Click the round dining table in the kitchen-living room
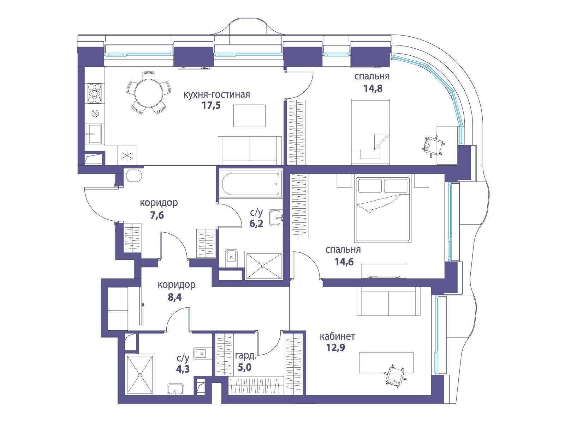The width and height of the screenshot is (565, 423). point(149,93)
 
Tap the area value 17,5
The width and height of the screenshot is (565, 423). point(211,106)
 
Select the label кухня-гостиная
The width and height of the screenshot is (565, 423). point(216,94)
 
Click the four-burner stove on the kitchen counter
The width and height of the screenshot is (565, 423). point(95,93)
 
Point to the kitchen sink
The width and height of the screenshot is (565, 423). point(95,133)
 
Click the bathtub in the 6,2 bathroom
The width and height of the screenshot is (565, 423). point(250,184)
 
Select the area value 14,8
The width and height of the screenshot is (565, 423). point(373,88)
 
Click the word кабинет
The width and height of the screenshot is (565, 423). point(337,336)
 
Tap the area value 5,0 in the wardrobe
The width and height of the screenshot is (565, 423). point(244,367)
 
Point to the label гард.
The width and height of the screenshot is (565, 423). point(246,356)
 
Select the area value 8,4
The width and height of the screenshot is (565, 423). point(174,297)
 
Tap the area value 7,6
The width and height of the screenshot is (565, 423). point(157,215)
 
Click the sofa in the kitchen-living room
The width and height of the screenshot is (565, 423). point(250,151)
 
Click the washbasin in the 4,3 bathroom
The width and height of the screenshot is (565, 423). point(175,390)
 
